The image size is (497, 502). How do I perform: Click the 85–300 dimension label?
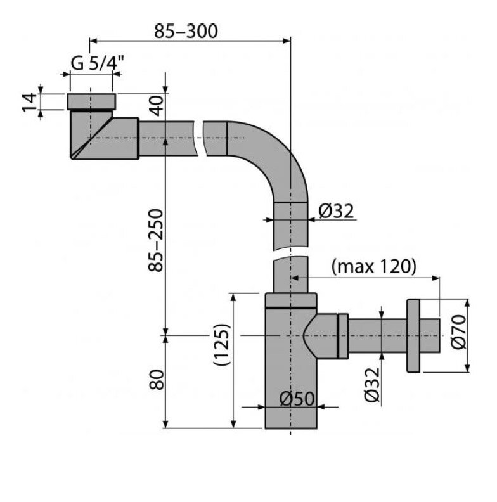(186, 32)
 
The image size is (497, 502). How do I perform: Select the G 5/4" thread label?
(98, 63)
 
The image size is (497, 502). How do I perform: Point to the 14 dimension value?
(29, 102)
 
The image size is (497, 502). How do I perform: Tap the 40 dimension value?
(157, 106)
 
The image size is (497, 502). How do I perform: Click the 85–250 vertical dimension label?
(156, 240)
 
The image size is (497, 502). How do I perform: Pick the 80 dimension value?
(157, 380)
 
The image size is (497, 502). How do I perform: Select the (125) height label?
(222, 344)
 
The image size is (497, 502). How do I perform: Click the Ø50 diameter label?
(297, 399)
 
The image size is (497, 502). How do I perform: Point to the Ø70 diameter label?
(458, 331)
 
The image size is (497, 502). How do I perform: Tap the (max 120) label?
(374, 266)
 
